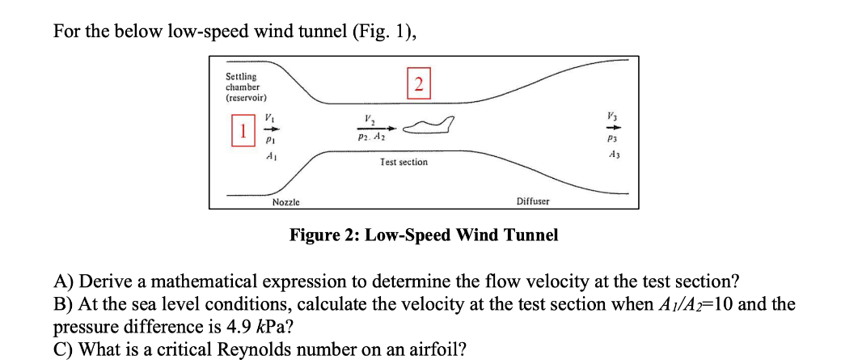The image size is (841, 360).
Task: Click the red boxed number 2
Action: click(417, 83)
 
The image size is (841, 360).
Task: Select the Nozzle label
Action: click(286, 201)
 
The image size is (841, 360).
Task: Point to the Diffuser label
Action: click(533, 201)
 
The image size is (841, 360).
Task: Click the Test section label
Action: click(404, 163)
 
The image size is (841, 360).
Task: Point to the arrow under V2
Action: click(378, 129)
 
